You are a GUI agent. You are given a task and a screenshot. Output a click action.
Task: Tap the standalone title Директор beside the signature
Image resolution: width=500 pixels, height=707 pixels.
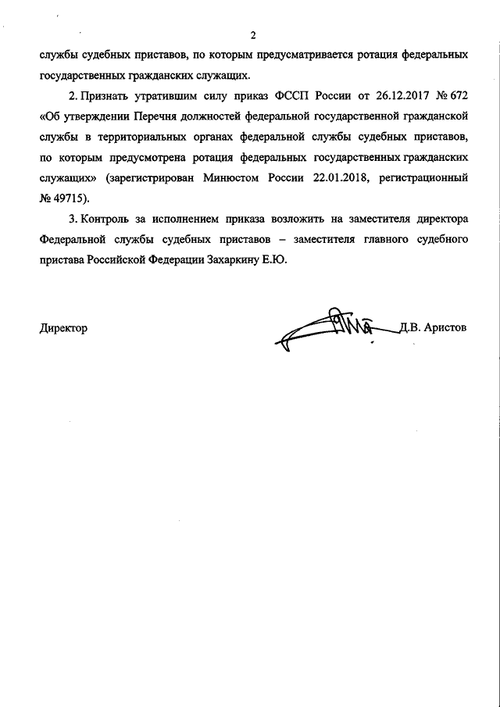[x=62, y=329]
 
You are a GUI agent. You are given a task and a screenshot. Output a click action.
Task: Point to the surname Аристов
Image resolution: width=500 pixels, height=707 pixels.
[x=445, y=329]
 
